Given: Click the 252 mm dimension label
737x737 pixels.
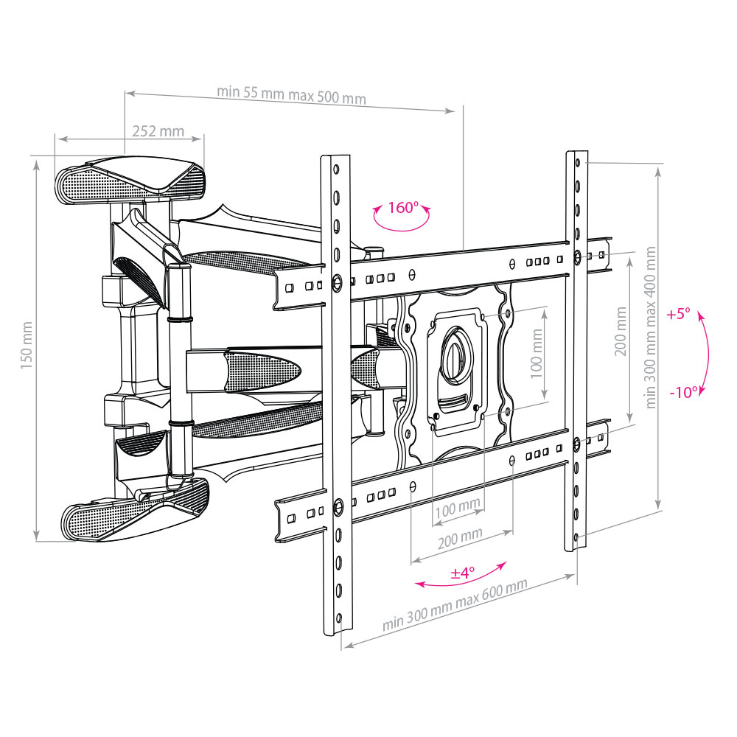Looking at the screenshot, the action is pos(158,130).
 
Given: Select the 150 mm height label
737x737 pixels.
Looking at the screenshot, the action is pos(27,345).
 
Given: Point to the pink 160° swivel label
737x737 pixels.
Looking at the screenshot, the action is pos(403,207).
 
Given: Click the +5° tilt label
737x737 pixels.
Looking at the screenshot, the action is pos(678,313).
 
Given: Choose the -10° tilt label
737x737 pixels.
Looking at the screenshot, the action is pos(684,391).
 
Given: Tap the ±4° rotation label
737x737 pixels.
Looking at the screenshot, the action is pos(463,573).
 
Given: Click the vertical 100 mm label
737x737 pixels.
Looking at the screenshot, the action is pos(537,353).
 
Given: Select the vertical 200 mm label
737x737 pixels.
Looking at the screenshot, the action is pos(621,332).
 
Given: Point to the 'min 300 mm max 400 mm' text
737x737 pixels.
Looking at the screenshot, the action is pos(651,328).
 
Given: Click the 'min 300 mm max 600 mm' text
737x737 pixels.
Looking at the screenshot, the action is pos(455,604).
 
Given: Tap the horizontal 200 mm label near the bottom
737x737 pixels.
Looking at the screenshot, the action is pos(460,538).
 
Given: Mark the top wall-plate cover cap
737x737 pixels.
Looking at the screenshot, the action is pos(130,180).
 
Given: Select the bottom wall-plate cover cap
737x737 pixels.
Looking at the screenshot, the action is pos(136,509).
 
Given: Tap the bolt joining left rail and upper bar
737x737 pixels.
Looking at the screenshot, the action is pos(337,282).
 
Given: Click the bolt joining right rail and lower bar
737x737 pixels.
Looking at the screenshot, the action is pos(577,442).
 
